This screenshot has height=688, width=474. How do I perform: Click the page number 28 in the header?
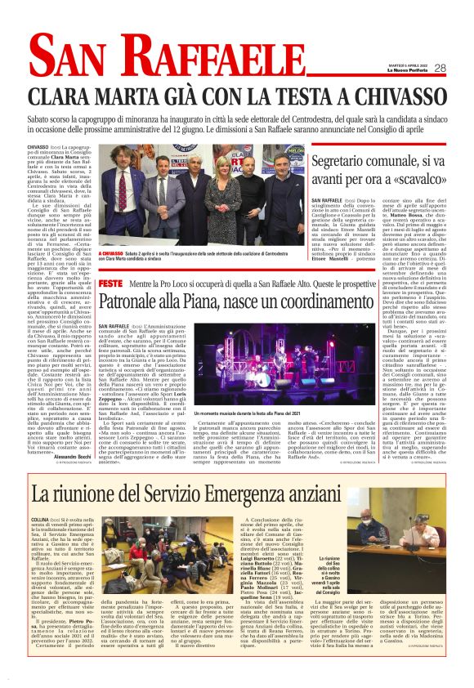(440, 68)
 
